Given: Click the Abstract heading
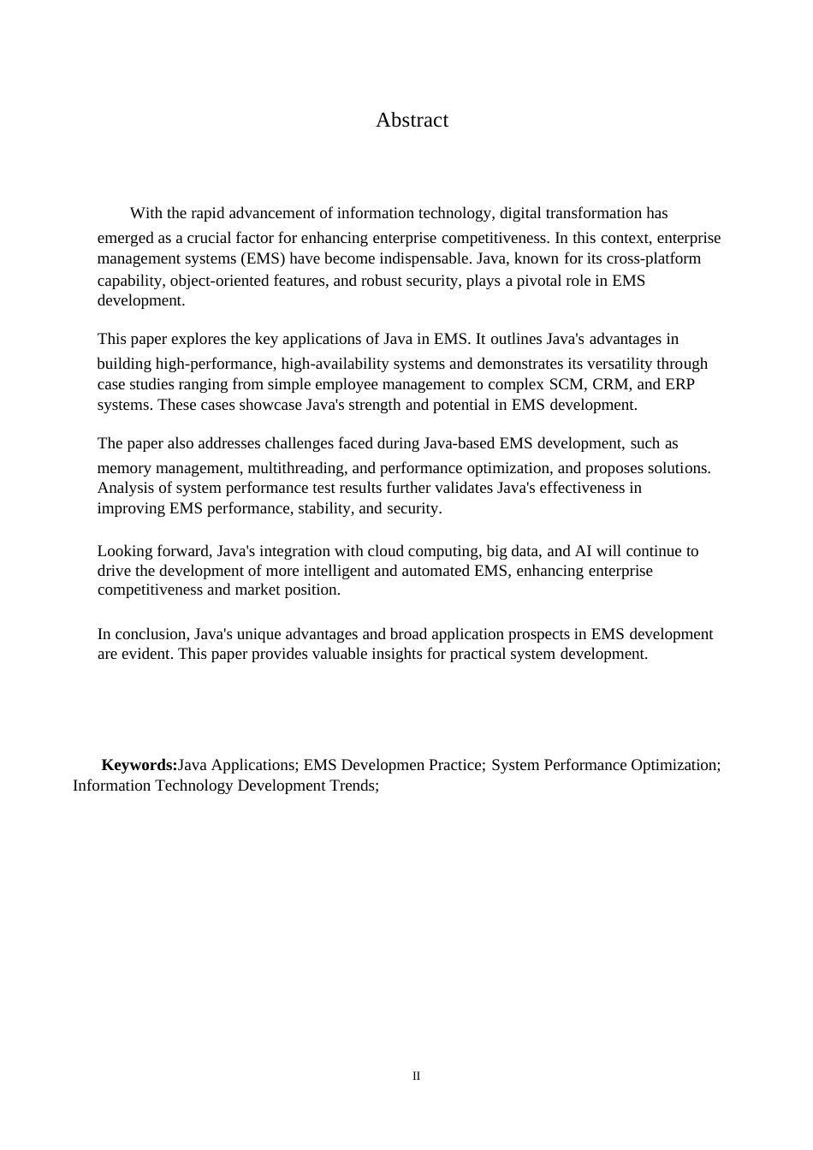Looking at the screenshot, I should click(x=412, y=120).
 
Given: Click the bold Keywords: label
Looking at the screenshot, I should click(x=139, y=765).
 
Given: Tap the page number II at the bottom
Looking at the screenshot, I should click(x=417, y=1076).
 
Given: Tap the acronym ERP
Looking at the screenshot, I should click(x=679, y=384).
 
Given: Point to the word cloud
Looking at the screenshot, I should click(x=386, y=551).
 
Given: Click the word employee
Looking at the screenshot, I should click(x=337, y=384).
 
